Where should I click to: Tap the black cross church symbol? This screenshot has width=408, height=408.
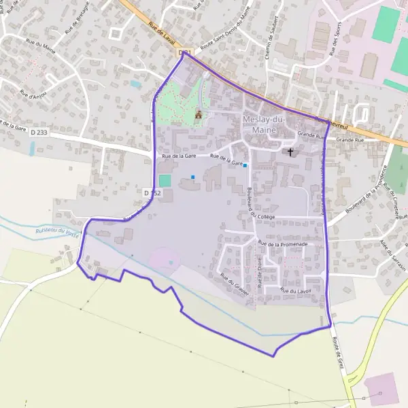tap(291, 152)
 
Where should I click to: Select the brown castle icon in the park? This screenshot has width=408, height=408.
tap(199, 114)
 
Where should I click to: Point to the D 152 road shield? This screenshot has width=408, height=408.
tap(152, 193)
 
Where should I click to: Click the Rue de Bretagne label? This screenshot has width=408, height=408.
tap(78, 22)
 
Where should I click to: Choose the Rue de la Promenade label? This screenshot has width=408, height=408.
tap(283, 243)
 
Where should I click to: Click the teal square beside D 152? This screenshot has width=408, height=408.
tap(165, 181)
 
